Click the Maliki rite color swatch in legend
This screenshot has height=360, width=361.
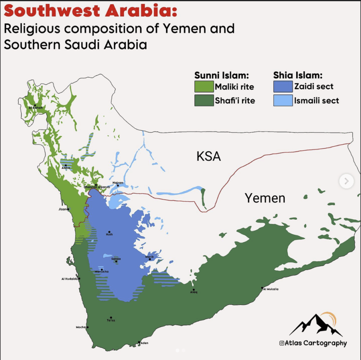[x=204, y=86]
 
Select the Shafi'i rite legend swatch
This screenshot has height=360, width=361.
[x=204, y=100]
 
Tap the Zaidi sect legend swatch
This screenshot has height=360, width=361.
[x=283, y=86]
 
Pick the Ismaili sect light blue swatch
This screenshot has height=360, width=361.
[x=283, y=100]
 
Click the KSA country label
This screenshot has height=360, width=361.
[x=209, y=156]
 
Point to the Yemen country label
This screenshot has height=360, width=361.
[x=265, y=198]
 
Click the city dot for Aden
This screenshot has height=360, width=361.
[x=140, y=341]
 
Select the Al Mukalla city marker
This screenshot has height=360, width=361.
[x=262, y=288]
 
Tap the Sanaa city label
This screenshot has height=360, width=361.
[x=116, y=259]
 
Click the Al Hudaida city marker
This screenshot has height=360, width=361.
[x=79, y=279]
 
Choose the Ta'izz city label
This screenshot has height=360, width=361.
[x=111, y=320]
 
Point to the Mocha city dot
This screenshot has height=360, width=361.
[x=87, y=327]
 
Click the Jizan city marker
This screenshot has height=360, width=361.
[x=68, y=209]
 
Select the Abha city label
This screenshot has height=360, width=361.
[x=66, y=168]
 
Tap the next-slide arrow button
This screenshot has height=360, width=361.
[x=346, y=181]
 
